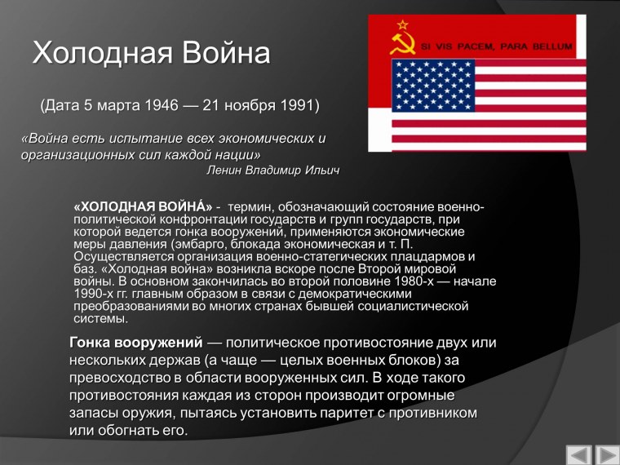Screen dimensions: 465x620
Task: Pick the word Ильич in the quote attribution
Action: point(321,170)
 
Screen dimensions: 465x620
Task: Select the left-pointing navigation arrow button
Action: point(578,453)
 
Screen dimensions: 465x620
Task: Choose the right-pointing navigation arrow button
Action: point(607,453)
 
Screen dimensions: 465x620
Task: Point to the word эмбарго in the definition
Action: point(201,244)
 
